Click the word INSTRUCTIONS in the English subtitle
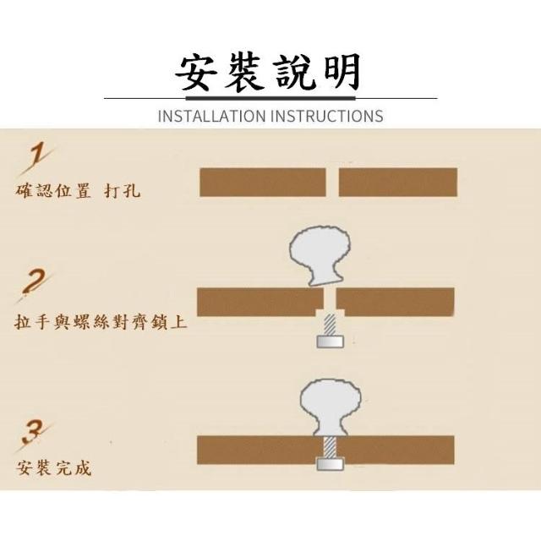327,116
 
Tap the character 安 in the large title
197,74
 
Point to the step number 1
37,160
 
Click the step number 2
35,285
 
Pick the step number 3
34,435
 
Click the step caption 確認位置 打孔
78,190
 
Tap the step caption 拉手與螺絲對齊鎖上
101,322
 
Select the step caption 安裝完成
54,468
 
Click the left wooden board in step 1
263,183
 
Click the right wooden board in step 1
398,183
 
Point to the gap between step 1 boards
332,183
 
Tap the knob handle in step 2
320,255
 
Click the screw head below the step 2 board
331,342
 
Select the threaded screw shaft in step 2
331,325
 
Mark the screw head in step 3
331,464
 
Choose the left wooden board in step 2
260,302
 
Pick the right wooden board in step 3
396,450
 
